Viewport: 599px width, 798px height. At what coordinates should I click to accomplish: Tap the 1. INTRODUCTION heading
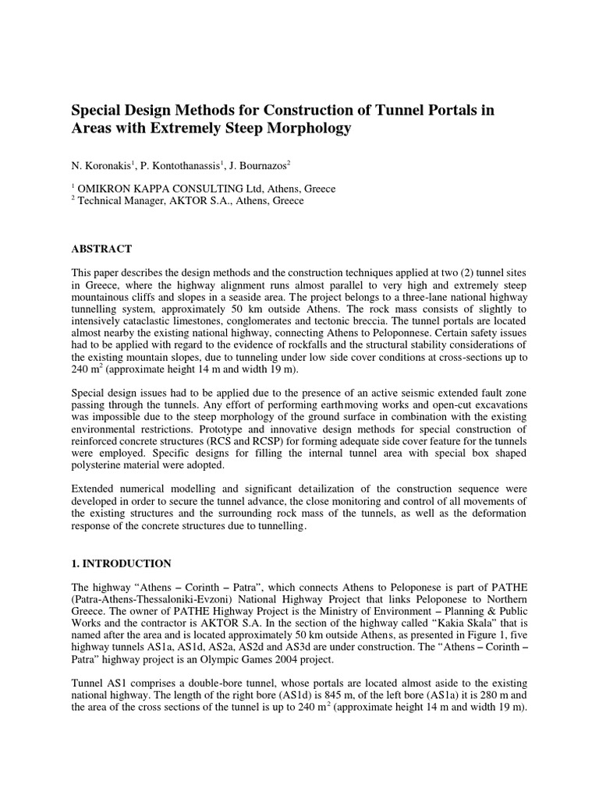[122, 562]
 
